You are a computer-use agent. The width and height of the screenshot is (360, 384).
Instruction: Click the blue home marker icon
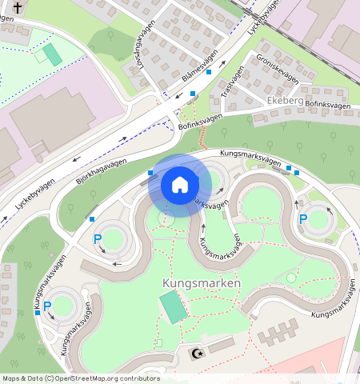point(180,185)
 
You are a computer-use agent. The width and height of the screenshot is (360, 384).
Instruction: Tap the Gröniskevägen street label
point(277,68)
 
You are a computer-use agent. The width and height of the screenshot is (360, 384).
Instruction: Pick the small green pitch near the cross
point(52,54)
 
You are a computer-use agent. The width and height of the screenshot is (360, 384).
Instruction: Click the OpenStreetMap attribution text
point(81,378)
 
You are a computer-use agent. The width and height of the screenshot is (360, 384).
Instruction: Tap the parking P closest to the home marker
point(98,238)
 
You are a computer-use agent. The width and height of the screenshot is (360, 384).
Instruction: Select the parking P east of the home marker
point(303,218)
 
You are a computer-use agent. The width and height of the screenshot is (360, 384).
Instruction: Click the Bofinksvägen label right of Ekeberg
point(328,105)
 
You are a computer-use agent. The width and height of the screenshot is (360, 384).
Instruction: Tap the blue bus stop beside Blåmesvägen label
point(209,73)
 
